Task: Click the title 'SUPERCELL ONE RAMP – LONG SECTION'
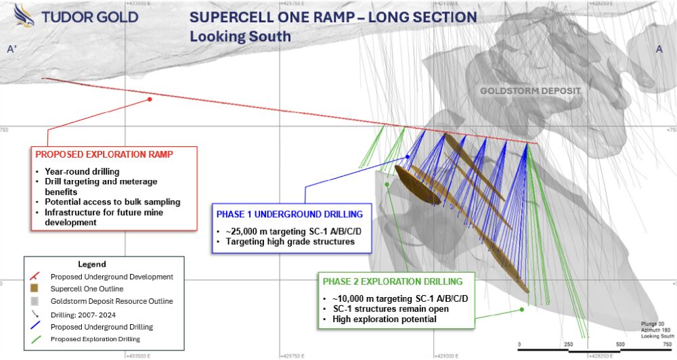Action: [332, 17]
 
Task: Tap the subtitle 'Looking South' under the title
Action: [240, 37]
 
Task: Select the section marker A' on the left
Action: [12, 49]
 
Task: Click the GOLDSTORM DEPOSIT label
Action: [530, 90]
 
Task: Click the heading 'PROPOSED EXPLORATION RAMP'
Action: [102, 155]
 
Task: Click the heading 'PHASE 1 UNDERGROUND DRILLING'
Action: [290, 214]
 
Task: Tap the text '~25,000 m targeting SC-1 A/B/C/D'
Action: [293, 231]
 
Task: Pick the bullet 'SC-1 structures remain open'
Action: [389, 309]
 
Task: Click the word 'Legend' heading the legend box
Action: [91, 264]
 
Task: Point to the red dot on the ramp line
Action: [150, 99]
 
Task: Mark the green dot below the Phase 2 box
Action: [522, 310]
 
